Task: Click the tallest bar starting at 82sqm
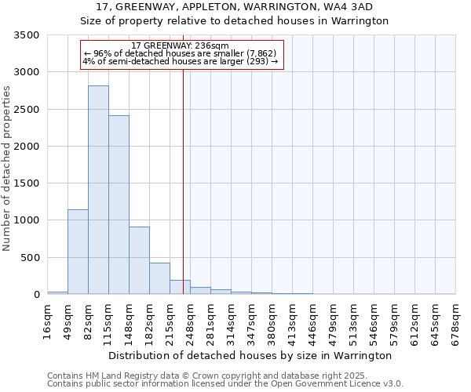coord(98,190)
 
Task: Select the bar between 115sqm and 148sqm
coord(119,205)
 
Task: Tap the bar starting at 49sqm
coord(78,252)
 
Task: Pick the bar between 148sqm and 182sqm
coord(139,260)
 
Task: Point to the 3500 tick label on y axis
coord(27,35)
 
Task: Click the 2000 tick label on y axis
coord(27,147)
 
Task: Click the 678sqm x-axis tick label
coord(456,322)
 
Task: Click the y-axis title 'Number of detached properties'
coord(8,169)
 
